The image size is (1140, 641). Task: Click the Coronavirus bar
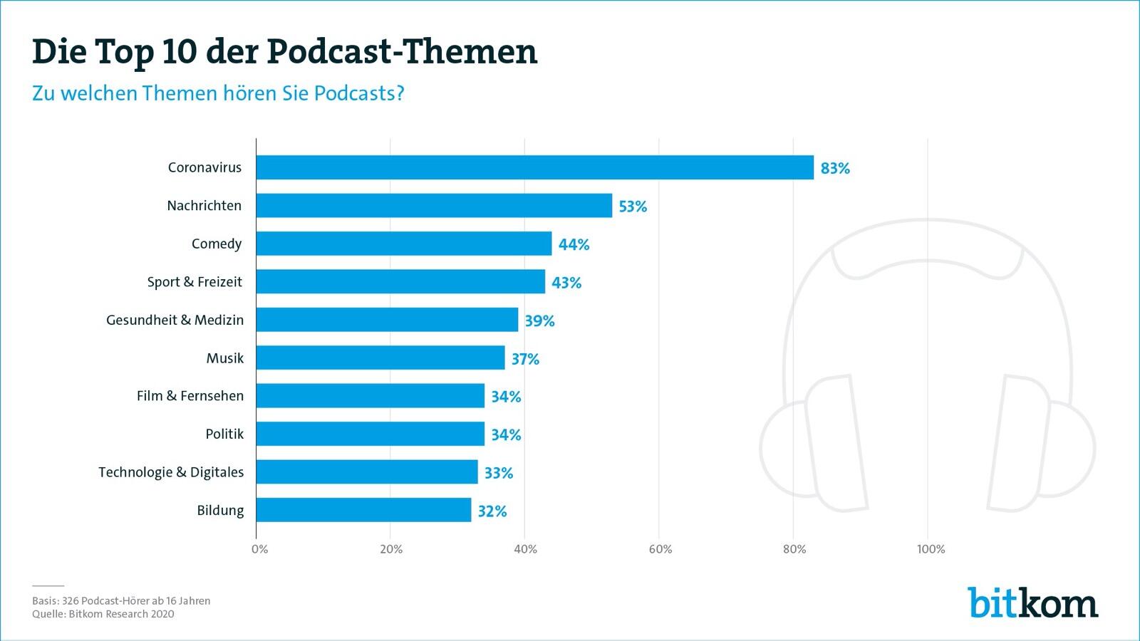[x=534, y=167]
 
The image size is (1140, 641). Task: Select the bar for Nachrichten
[x=434, y=206]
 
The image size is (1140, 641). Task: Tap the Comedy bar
[x=403, y=244]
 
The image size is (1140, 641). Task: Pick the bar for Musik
[x=380, y=358]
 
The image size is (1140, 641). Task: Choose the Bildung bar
[x=363, y=510]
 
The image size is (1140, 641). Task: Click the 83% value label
[x=835, y=168]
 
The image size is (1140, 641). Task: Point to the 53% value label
[x=633, y=207]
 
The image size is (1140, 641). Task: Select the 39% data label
[x=539, y=320]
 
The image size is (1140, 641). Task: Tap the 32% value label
[x=492, y=511]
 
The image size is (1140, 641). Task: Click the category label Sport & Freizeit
[x=195, y=282]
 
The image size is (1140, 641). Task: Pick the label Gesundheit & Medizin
[x=175, y=320]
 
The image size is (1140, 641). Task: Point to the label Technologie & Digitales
[x=171, y=472]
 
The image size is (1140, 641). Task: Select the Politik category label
[x=224, y=434]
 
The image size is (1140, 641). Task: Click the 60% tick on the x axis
[x=660, y=549]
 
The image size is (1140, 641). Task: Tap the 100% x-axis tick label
[x=931, y=549]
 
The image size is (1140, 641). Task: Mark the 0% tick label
[x=260, y=549]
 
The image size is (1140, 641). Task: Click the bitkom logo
[x=1032, y=603]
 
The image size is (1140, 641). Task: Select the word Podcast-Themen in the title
[x=403, y=51]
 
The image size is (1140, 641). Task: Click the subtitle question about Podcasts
[x=218, y=93]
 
